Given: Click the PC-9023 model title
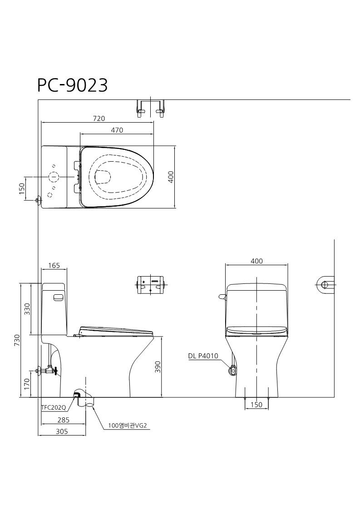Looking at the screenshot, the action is click(x=73, y=85).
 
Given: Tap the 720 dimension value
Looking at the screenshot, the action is click(x=99, y=119).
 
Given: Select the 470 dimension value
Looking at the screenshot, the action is click(x=117, y=130).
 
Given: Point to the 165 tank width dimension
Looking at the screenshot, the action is click(x=54, y=265).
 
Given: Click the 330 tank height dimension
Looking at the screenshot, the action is click(x=27, y=309).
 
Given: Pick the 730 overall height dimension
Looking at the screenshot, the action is click(x=17, y=340).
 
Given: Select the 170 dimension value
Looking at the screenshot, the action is click(x=27, y=384).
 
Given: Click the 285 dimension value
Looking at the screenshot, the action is click(x=64, y=420).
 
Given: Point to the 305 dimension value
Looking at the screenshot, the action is click(x=62, y=431).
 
